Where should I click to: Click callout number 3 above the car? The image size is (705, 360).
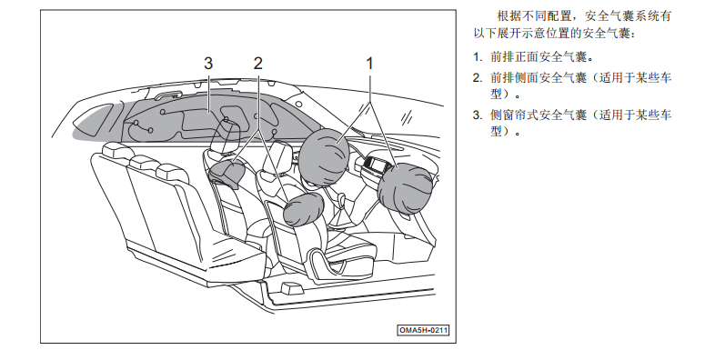(x=208, y=64)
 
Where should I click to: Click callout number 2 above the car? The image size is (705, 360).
(x=257, y=64)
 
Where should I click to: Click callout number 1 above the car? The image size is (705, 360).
(x=369, y=64)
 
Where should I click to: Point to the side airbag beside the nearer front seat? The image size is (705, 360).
(x=303, y=209)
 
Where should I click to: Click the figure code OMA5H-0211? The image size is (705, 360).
(x=423, y=330)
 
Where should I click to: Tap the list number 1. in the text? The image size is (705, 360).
(x=478, y=57)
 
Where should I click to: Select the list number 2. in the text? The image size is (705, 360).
(x=478, y=78)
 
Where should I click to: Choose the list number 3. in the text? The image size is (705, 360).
(x=478, y=115)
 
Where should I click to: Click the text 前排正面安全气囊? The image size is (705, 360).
(x=539, y=57)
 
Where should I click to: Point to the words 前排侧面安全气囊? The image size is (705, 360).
(x=539, y=78)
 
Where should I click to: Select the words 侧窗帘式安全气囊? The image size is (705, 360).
(x=539, y=115)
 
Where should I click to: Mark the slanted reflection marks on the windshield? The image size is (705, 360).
(x=408, y=117)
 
